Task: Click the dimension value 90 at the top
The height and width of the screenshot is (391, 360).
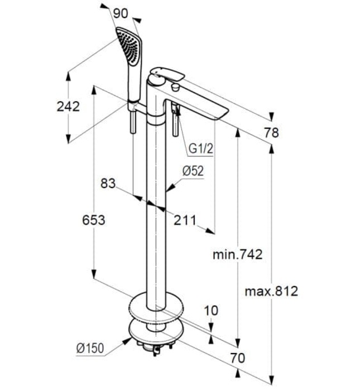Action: tap(121, 14)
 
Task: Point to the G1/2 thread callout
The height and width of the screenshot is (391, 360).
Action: tap(200, 148)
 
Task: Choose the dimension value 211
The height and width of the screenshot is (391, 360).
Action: tap(184, 220)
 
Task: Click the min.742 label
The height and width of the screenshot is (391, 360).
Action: tap(237, 255)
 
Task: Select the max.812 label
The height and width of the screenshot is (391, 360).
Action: tap(271, 291)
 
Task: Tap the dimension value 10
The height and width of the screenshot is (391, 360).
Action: tap(211, 310)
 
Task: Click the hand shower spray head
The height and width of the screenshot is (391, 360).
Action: tap(127, 45)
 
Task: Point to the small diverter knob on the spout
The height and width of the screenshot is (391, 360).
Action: tap(175, 88)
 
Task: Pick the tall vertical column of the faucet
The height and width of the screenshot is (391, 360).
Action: tap(153, 212)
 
